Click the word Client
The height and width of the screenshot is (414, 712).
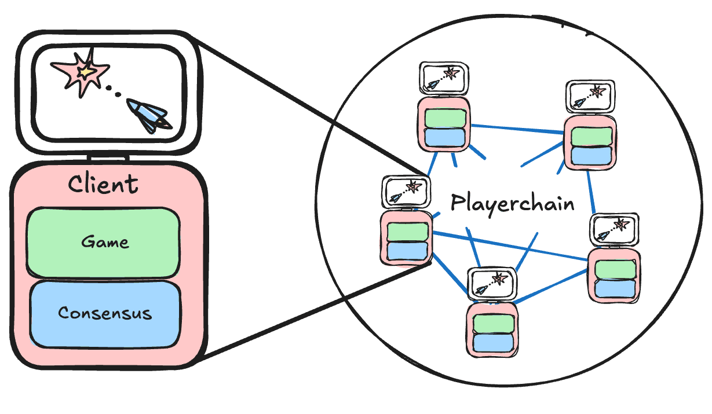tap(103, 184)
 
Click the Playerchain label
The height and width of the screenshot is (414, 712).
tap(513, 203)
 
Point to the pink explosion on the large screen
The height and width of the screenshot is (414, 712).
tap(81, 72)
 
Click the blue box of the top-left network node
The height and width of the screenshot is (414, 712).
tap(445, 137)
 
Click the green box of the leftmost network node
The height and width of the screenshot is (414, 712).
tap(407, 232)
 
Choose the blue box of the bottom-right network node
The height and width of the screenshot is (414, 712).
tap(615, 289)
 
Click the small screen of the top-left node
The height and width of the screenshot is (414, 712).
tap(444, 78)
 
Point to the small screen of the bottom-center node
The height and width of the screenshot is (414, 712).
tap(492, 283)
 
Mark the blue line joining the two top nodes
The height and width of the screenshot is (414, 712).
tap(517, 129)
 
